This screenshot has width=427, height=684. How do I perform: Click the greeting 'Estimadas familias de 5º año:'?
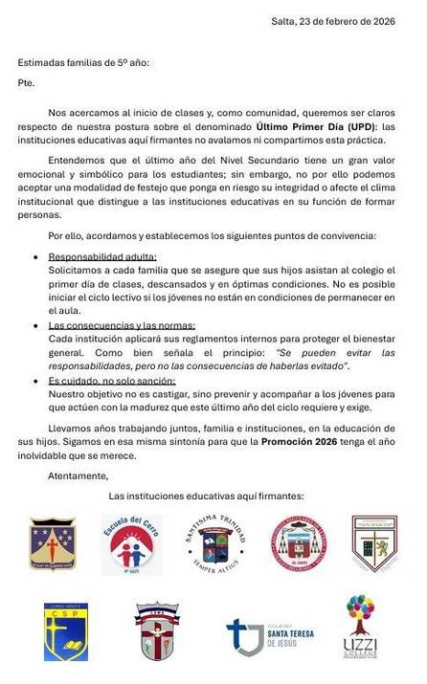[83, 63]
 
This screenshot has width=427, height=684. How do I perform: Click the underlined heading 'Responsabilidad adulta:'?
[102, 257]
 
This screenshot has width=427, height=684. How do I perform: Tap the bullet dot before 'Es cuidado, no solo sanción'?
[36, 381]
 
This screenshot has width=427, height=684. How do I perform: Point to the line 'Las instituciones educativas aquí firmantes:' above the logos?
[206, 496]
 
